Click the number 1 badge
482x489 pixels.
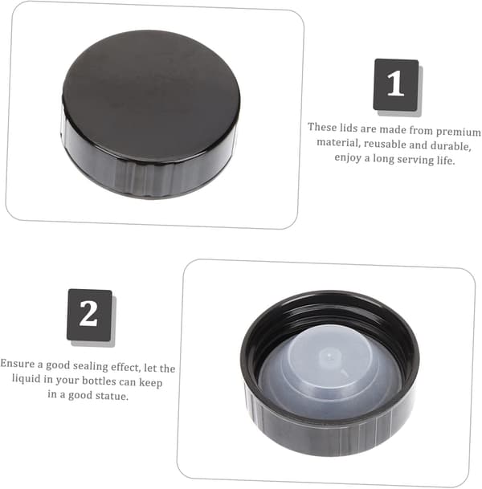(396, 84)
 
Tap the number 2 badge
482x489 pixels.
(89, 315)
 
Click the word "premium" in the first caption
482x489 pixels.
(458, 132)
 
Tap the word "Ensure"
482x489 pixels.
(17, 363)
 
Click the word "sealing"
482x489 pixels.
(92, 366)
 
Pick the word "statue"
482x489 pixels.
(112, 396)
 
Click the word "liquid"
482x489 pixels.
(27, 379)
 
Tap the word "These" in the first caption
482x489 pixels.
(322, 127)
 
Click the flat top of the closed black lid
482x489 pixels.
(151, 94)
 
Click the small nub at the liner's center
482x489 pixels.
(329, 356)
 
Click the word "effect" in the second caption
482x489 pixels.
(126, 368)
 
